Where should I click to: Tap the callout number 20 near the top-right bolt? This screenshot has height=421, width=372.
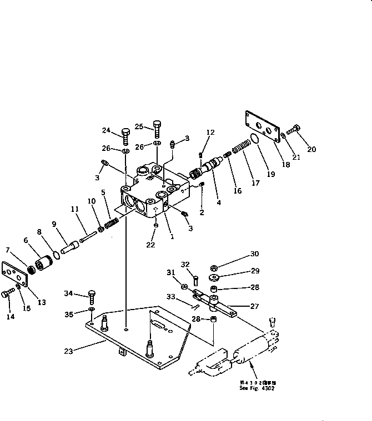(311, 149)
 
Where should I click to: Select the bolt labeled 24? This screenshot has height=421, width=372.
(125, 136)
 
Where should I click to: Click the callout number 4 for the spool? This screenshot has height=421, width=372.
(218, 203)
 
